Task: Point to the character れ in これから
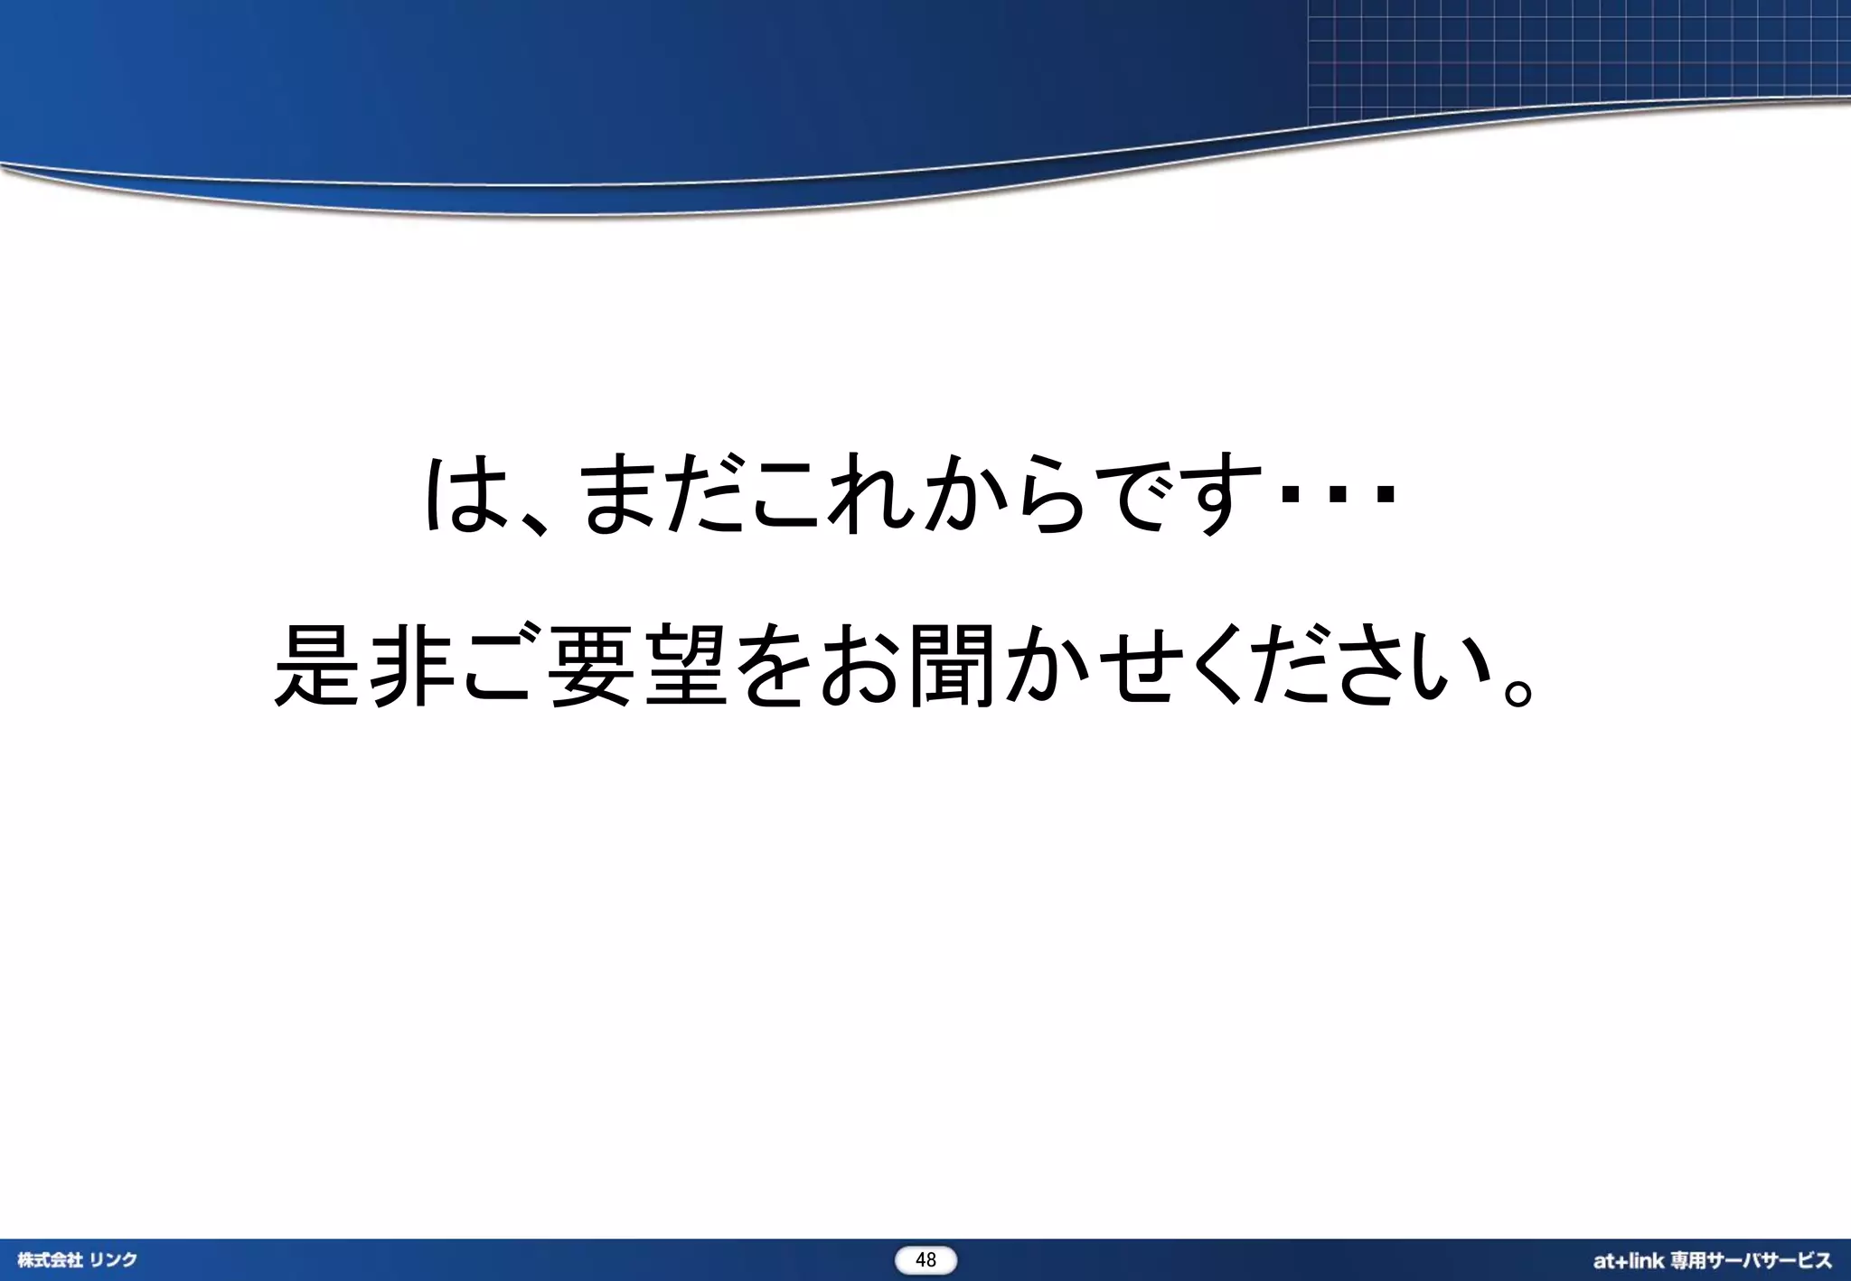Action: (868, 494)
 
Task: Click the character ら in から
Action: (1048, 494)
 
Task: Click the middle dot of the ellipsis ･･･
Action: (1339, 494)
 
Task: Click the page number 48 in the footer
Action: (925, 1260)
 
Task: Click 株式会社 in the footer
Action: (50, 1260)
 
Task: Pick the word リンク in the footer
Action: (113, 1260)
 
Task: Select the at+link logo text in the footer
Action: (1627, 1260)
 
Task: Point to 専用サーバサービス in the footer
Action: (1751, 1260)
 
